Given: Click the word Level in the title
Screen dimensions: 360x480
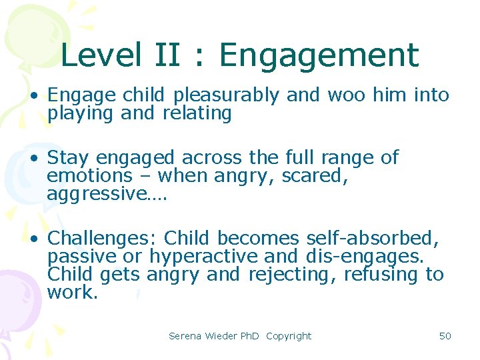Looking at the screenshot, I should pos(100,55).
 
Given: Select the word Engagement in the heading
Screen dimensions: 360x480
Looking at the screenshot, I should pos(319,55).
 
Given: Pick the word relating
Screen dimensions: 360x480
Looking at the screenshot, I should pos(197,113).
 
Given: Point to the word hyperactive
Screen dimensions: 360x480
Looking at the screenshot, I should pos(203,256).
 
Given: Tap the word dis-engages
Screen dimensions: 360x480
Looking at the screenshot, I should pos(370,256).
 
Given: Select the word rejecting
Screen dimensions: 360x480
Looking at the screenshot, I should pos(291,274).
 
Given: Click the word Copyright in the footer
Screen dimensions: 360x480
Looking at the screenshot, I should pos(289,336).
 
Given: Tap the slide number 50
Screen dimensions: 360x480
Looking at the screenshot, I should pos(445,336).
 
